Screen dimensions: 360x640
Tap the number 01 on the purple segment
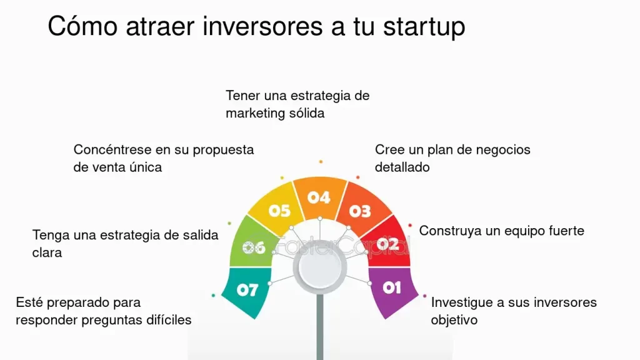392,287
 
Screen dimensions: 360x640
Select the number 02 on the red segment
388,244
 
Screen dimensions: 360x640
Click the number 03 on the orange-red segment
360,211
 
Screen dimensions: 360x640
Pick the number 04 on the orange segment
318,197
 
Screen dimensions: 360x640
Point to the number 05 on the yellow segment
279,211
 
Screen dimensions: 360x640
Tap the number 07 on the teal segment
247,290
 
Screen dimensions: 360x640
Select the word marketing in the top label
256,114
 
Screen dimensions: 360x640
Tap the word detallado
402,167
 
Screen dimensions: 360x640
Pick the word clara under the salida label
47,253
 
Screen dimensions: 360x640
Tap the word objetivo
454,320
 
